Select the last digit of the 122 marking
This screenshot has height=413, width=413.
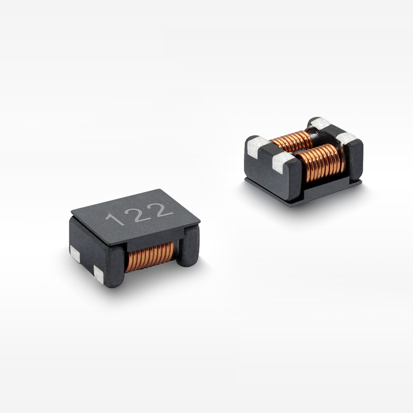tap(161, 208)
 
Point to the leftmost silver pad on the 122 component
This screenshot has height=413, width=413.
tap(74, 254)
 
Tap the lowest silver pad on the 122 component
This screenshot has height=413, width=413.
tap(99, 274)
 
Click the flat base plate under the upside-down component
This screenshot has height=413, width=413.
tap(308, 193)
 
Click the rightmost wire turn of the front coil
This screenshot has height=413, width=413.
tap(342, 160)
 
